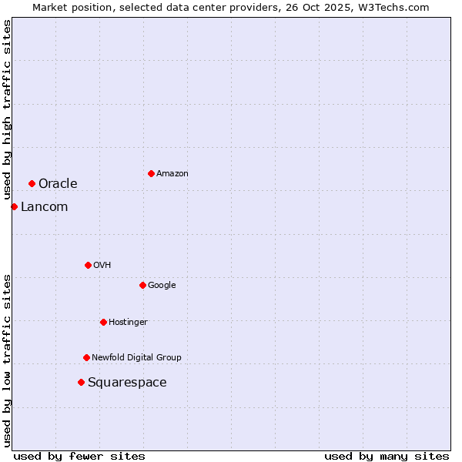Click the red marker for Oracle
pos(32,183)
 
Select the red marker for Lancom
pos(14,206)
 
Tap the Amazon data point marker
pos(151,173)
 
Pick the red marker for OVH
pos(88,265)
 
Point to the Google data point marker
pos(142,285)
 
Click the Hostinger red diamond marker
pos(103,322)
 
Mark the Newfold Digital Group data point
pos(86,357)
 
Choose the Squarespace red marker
pos(81,382)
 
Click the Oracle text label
pos(58,183)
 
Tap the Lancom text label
pos(44,206)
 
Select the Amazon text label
pos(172,173)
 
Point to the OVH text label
pos(102,265)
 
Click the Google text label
pos(162,285)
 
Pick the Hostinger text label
pos(128,322)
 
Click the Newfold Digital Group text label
pos(136,357)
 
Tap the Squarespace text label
pos(127,382)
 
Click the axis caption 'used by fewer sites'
pos(79,456)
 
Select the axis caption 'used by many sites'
pos(387,456)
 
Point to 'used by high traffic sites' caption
pos(7,109)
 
